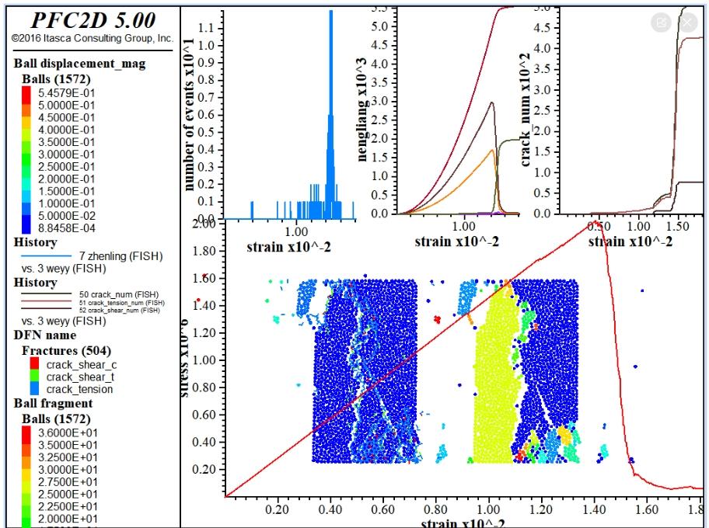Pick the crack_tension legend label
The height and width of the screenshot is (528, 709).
point(79,389)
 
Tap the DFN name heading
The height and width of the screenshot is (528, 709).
point(45,335)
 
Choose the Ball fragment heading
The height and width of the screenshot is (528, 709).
point(53,403)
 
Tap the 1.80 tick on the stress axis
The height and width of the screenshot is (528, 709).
point(202,252)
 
